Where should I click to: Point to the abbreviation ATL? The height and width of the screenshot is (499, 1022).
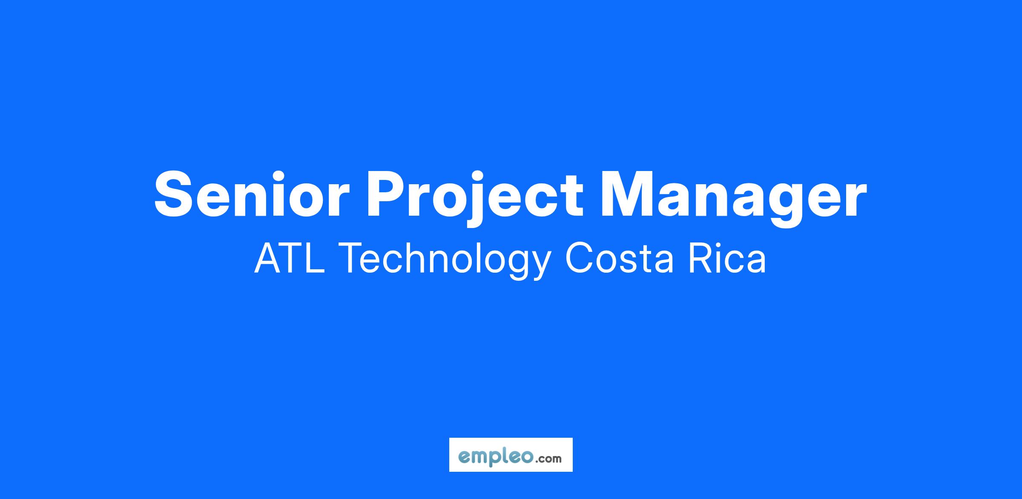click(290, 258)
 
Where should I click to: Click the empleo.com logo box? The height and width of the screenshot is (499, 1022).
click(511, 455)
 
